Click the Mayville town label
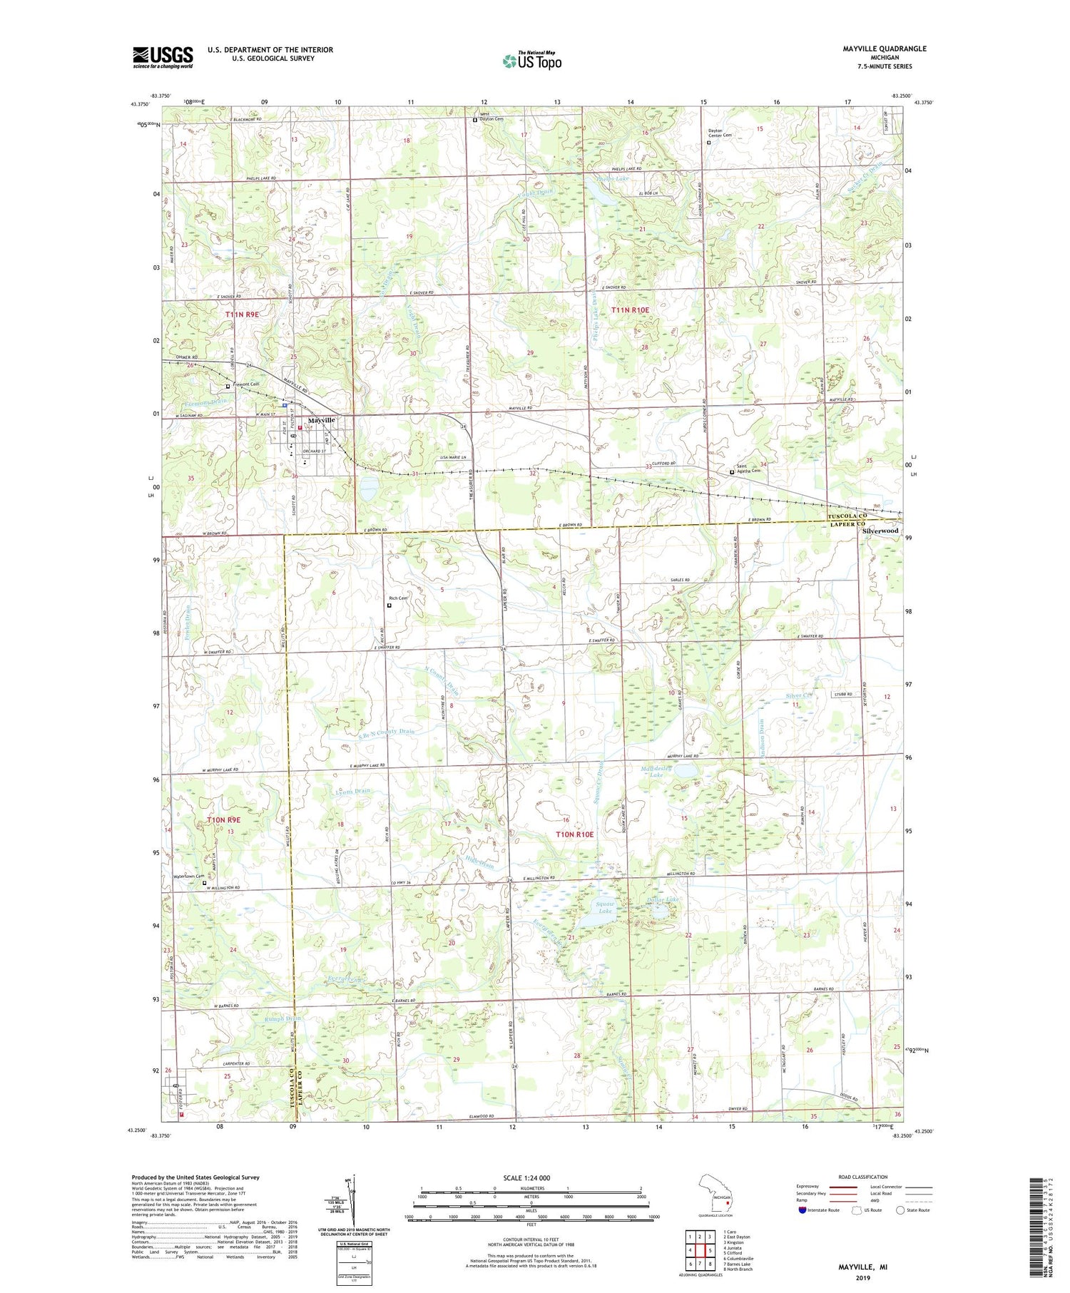point(322,420)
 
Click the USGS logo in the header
point(163,57)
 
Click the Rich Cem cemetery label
point(398,598)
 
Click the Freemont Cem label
point(245,385)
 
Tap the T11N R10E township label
point(630,310)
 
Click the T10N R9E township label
point(223,820)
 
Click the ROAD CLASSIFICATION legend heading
point(863,1177)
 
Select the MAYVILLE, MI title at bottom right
point(863,1266)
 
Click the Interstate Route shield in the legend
point(802,1210)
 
